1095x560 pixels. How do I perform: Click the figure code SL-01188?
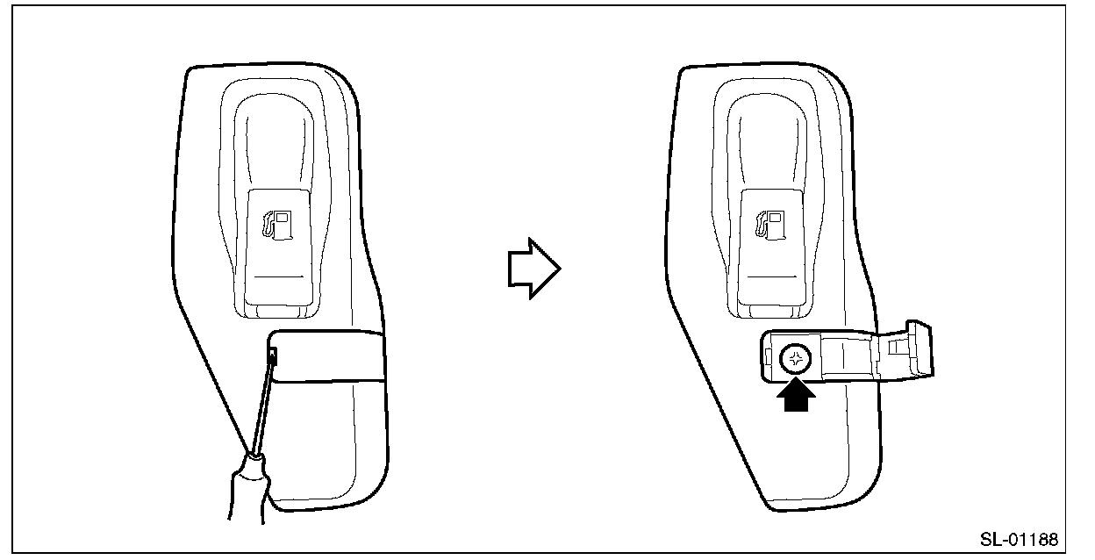(1019, 538)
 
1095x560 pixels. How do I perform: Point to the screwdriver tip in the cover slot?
(274, 355)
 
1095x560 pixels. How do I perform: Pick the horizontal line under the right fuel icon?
(772, 276)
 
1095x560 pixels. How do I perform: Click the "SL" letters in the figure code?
(990, 538)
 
